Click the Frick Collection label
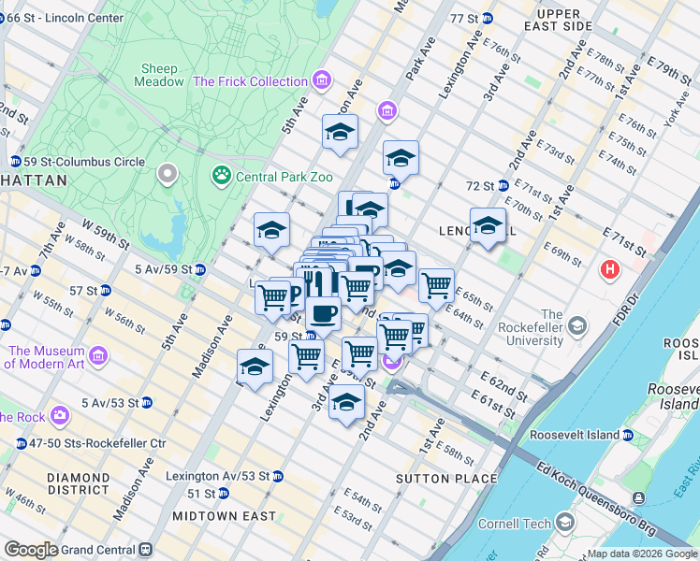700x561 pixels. pos(250,81)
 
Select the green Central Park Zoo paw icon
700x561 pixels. pos(222,174)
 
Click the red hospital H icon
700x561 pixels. pos(611,270)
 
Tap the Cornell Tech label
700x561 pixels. pos(514,524)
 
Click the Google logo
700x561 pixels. pos(30,551)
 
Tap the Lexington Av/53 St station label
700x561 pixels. pos(218,476)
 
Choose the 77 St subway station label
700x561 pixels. pos(471,19)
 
